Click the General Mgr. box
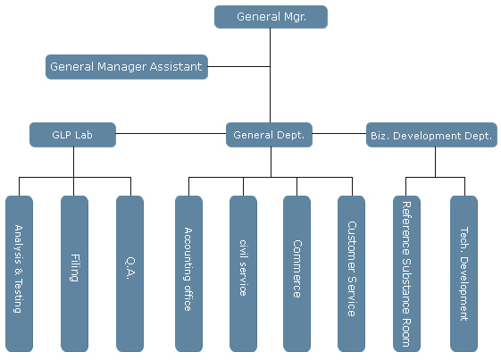point(271,17)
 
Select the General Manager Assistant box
point(127,67)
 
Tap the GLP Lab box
point(72,135)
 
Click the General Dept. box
point(269,135)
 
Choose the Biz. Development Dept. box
point(431,135)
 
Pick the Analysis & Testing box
point(19,273)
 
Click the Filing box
point(74,273)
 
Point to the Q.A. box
point(129,273)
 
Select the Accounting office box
point(188,273)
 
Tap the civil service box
point(243,273)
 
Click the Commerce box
point(296,273)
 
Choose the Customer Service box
point(351,273)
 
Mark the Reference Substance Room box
point(406,273)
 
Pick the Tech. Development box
point(463,273)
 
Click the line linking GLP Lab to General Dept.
point(171,134)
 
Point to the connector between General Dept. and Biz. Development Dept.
point(339,134)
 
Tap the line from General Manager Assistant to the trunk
point(239,66)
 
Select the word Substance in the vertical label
point(406,286)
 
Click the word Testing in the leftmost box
point(19,296)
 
